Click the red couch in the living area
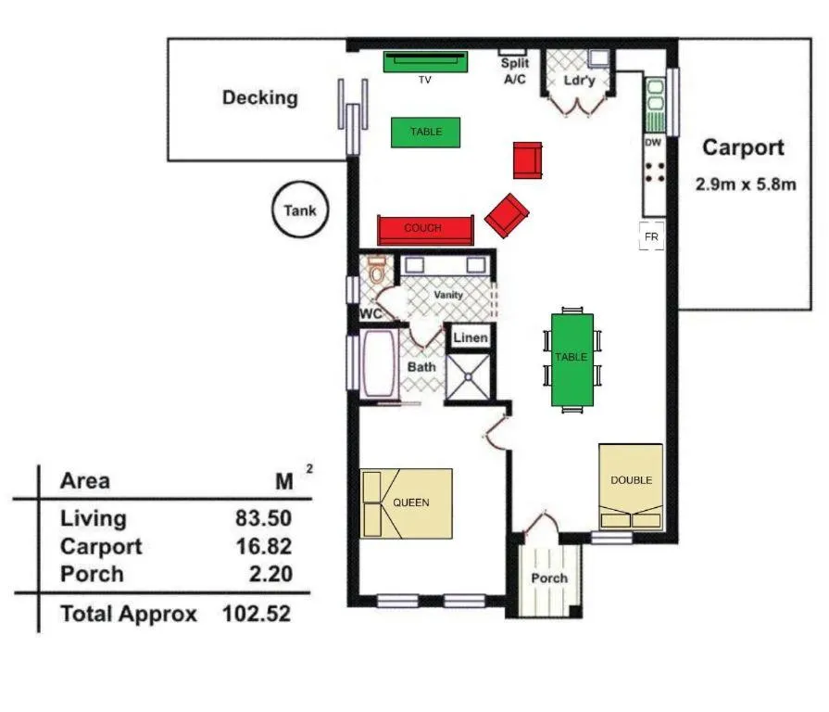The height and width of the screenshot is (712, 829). (424, 229)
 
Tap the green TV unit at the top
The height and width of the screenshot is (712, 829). (423, 61)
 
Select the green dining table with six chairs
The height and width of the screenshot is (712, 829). (572, 359)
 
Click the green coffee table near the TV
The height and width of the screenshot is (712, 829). (425, 133)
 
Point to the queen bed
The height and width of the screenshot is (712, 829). (408, 503)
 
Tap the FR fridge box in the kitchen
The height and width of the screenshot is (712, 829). (651, 236)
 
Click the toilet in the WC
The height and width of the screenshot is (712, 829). (377, 272)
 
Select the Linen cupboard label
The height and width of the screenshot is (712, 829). (470, 337)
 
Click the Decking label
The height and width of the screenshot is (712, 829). (259, 97)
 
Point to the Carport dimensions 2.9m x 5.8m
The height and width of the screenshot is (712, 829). (746, 184)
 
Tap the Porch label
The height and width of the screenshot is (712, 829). (549, 578)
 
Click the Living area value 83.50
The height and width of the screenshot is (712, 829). (263, 518)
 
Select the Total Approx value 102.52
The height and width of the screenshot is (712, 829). (257, 614)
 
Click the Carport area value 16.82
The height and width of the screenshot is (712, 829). (263, 546)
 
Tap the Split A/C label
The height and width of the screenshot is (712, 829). (514, 71)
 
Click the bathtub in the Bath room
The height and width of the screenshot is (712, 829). (378, 368)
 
